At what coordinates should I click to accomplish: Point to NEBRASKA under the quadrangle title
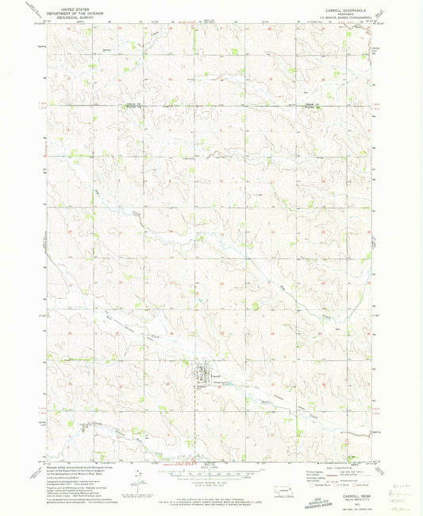pyautogui.click(x=337, y=11)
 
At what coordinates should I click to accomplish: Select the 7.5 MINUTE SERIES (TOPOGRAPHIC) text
pyautogui.click(x=337, y=15)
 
